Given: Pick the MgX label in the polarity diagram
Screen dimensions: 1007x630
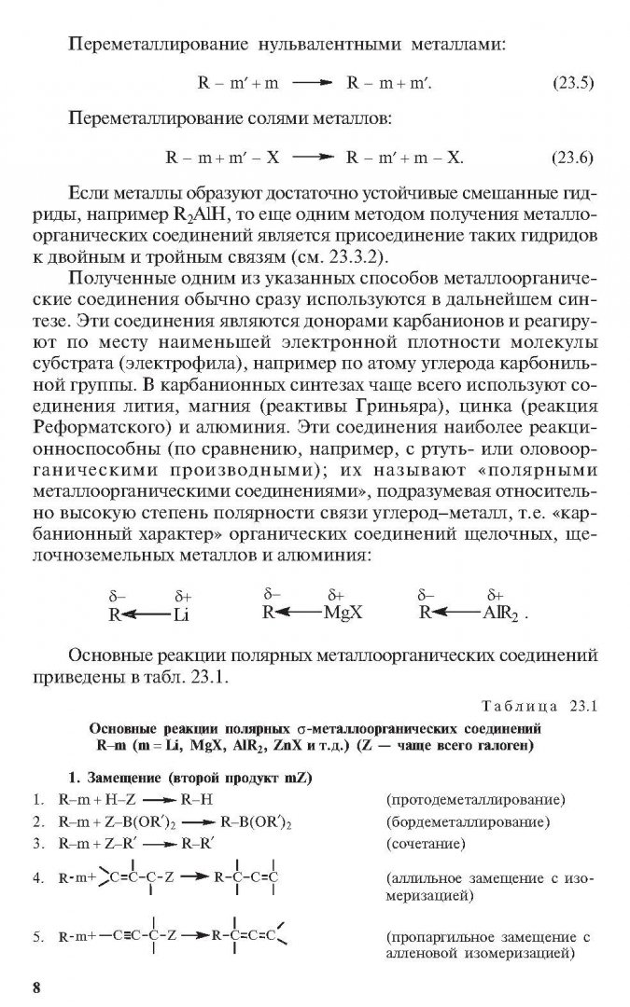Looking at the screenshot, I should (x=343, y=613).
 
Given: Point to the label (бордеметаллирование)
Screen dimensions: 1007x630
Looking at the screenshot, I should (x=468, y=822).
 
